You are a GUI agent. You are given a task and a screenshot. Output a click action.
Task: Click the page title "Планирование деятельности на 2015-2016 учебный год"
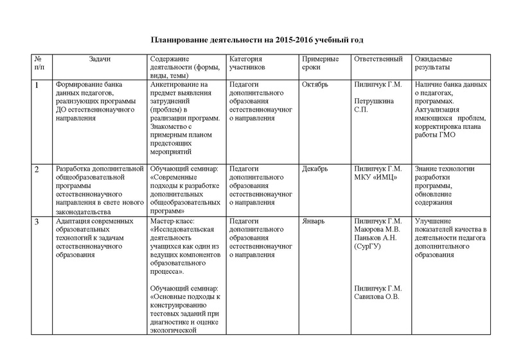(x=256, y=40)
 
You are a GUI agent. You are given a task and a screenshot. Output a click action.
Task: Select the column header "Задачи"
(x=100, y=58)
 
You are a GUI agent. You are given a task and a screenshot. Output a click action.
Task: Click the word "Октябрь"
(x=315, y=85)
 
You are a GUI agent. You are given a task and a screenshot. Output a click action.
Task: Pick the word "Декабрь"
(x=315, y=169)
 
